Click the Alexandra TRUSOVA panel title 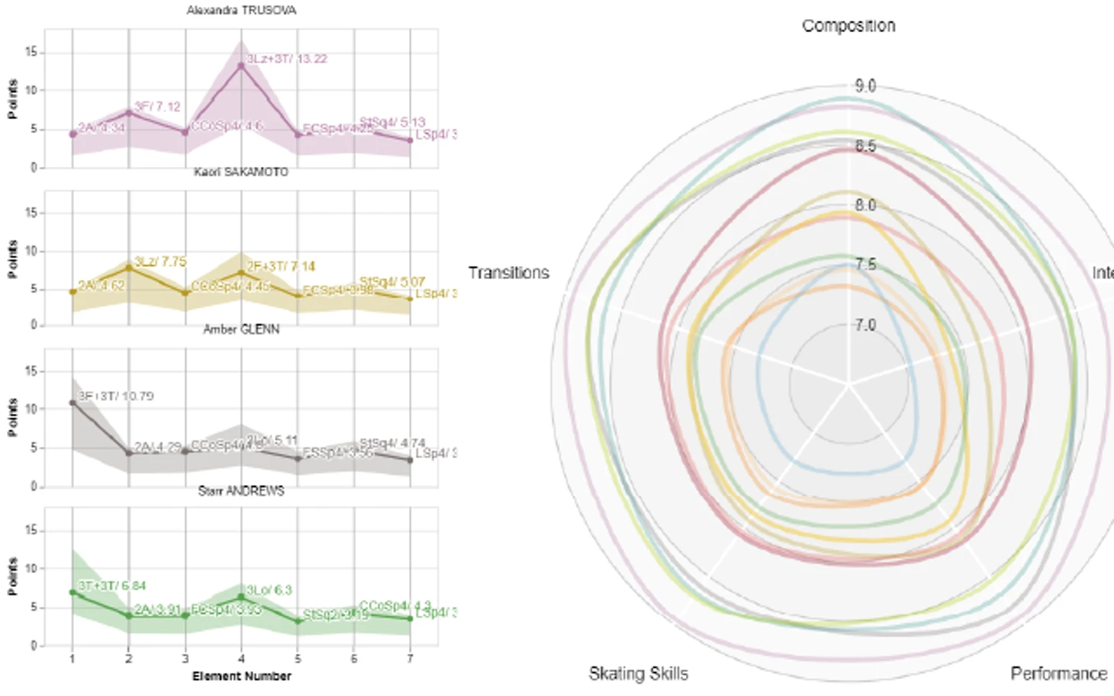click(241, 11)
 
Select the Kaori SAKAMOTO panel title click(241, 172)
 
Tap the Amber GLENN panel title click(241, 329)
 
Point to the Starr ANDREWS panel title click(241, 491)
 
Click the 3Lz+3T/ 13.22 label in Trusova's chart click(287, 59)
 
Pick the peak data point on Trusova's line click(241, 66)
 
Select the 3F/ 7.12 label click(157, 107)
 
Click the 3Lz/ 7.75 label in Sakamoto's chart click(160, 261)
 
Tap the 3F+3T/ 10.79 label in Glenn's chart click(116, 396)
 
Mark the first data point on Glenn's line click(72, 403)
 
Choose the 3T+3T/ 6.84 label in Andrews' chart click(112, 585)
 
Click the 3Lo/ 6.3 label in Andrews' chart click(269, 590)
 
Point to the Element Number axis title click(241, 676)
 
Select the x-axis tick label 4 click(241, 659)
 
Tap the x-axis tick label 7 click(411, 659)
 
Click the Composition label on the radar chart click(848, 26)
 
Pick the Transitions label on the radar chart click(509, 273)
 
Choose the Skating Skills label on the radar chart click(639, 674)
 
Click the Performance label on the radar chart click(1058, 674)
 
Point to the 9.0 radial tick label click(865, 86)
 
